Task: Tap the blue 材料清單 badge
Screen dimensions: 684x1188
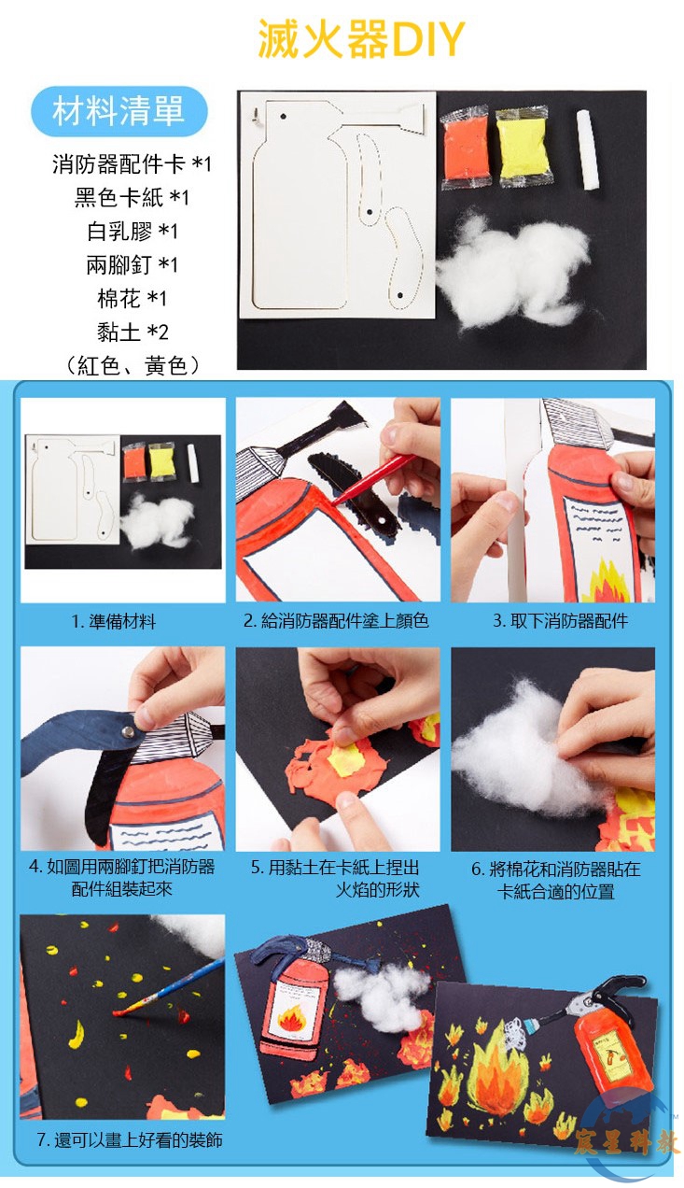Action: (119, 111)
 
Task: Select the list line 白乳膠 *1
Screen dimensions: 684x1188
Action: (133, 231)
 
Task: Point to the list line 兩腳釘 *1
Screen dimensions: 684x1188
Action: (132, 264)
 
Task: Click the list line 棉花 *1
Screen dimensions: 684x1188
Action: (132, 298)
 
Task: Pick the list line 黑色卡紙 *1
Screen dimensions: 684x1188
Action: (132, 197)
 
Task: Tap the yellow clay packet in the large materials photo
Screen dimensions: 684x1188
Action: (523, 147)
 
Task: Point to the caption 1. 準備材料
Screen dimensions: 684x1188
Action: (114, 621)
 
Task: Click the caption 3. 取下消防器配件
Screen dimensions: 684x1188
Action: (560, 620)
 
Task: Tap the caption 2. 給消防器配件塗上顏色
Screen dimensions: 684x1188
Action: (336, 620)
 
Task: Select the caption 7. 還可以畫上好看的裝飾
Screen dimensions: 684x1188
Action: (130, 1139)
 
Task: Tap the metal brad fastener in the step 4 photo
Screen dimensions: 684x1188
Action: (128, 733)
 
